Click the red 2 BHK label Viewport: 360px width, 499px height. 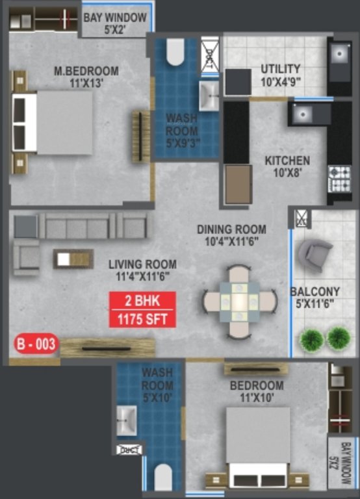coord(142,301)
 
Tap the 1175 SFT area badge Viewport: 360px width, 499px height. coord(142,318)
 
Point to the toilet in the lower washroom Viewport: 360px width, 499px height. coord(163,477)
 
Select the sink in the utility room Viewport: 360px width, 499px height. coord(339,51)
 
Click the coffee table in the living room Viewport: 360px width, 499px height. coord(73,259)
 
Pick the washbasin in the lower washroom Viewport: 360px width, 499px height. coord(127,420)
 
